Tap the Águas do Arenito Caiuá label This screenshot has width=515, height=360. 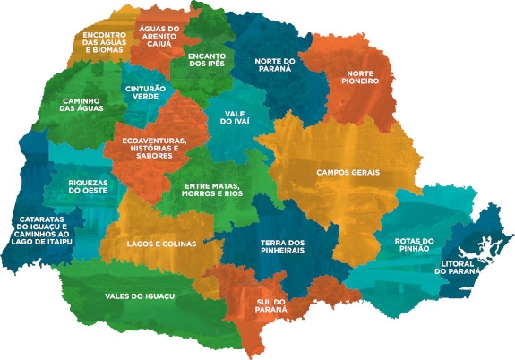[160, 35]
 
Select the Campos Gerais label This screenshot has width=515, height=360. [348, 172]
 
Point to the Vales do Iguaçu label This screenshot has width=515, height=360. [139, 296]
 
